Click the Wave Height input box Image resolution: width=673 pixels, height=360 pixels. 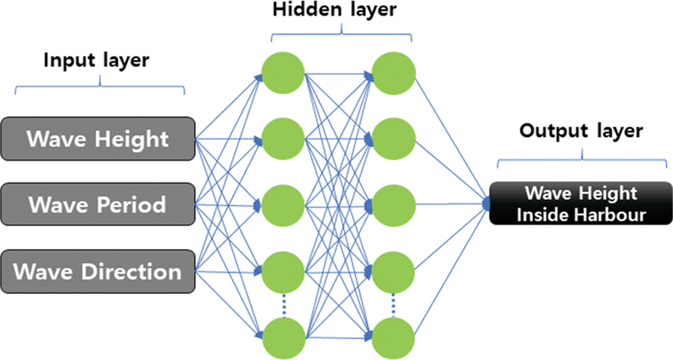click(x=98, y=139)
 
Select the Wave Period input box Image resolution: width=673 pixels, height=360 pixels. click(x=98, y=204)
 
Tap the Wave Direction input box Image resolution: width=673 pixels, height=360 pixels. click(x=98, y=272)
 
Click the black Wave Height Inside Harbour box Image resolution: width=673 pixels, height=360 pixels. click(x=581, y=204)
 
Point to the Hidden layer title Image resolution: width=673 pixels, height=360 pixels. click(x=335, y=10)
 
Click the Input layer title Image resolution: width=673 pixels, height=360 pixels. click(x=97, y=60)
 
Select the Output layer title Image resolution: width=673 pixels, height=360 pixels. click(x=581, y=131)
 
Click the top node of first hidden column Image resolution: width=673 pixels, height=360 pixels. click(x=283, y=73)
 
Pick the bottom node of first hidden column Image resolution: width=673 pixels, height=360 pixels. click(x=284, y=339)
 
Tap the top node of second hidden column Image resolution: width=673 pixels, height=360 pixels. click(x=394, y=73)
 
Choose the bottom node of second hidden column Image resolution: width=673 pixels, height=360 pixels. click(x=393, y=339)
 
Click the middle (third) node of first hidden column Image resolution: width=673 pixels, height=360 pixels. click(x=283, y=205)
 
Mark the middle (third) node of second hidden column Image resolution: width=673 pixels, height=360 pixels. click(x=394, y=205)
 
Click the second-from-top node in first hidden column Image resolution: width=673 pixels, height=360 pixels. click(x=283, y=139)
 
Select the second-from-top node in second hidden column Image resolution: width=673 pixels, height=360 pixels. click(x=394, y=139)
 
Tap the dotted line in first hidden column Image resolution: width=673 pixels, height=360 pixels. click(x=284, y=305)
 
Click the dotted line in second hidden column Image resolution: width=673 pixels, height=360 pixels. click(x=393, y=305)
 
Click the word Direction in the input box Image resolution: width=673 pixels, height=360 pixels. click(x=131, y=272)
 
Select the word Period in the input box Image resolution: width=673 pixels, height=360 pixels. click(x=131, y=204)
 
